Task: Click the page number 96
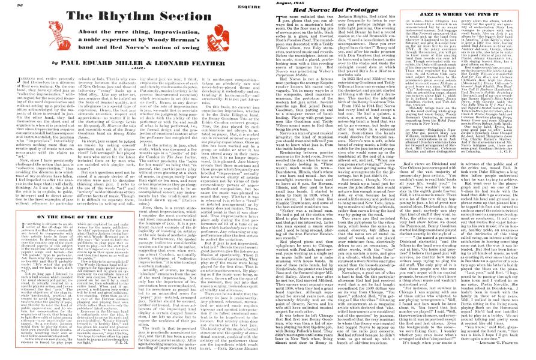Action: coord(13,5)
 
